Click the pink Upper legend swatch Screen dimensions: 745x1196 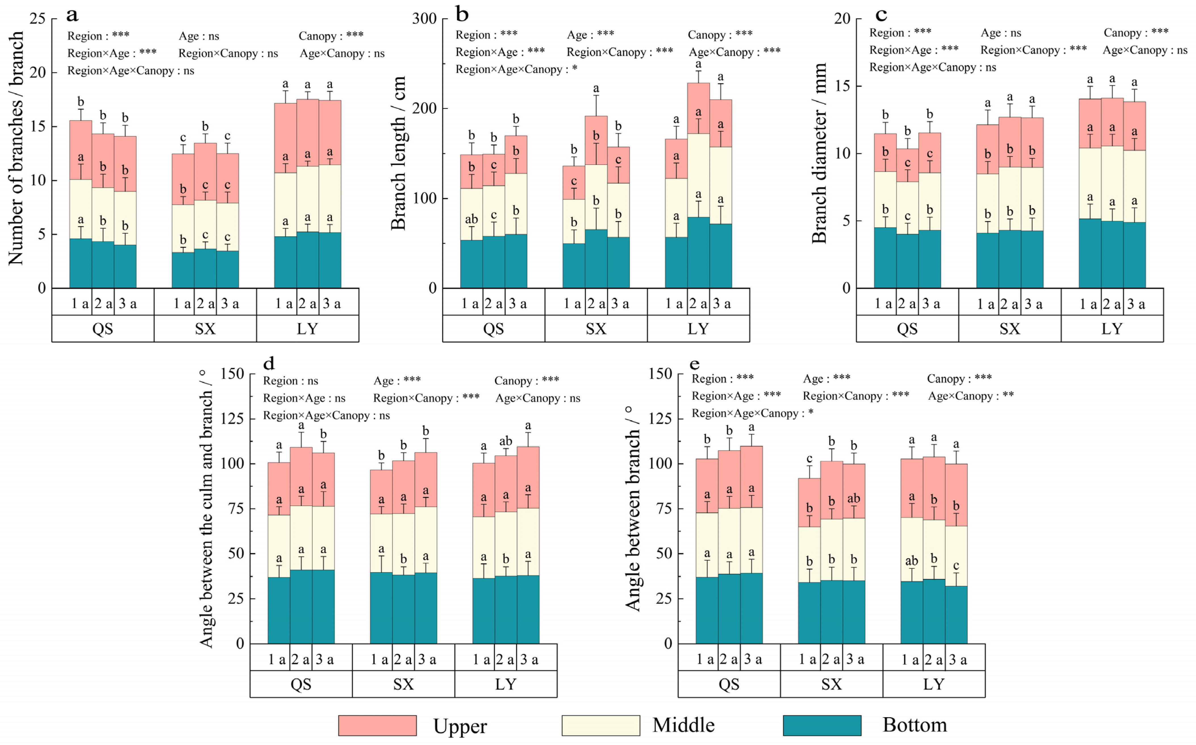pos(377,725)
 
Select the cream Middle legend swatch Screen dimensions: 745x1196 pos(601,725)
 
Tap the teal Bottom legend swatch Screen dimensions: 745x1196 pos(822,725)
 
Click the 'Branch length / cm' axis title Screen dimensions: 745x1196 pos(398,153)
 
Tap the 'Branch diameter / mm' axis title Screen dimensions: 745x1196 pos(819,153)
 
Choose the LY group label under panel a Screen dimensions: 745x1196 pos(307,329)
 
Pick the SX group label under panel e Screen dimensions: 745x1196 pos(832,684)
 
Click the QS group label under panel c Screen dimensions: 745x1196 pos(907,329)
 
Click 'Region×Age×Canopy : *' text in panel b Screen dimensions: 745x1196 pos(516,70)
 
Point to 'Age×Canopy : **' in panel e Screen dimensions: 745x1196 pos(970,396)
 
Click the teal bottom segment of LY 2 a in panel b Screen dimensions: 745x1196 pos(698,252)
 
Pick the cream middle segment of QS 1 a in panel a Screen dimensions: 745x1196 pos(80,209)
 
